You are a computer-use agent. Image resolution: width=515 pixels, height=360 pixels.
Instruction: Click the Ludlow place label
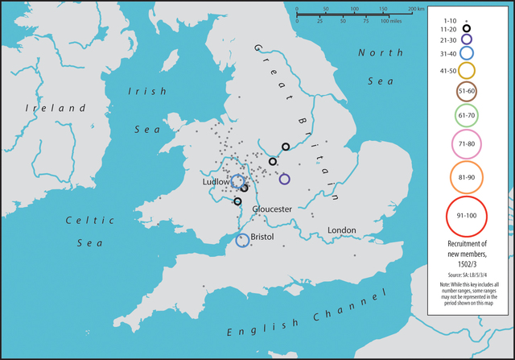click(216, 183)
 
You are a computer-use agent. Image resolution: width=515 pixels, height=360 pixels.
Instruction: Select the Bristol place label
click(264, 238)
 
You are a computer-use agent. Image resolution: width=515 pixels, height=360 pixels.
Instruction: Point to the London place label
click(341, 230)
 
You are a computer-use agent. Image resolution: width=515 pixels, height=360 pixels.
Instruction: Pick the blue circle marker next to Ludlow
click(237, 181)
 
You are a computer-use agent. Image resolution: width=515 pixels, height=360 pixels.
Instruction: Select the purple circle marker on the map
click(284, 179)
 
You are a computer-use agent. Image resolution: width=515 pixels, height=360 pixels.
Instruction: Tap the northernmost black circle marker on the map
click(286, 147)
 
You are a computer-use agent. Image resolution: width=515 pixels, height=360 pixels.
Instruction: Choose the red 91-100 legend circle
click(466, 216)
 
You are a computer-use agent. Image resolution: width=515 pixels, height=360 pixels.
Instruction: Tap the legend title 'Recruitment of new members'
click(466, 249)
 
